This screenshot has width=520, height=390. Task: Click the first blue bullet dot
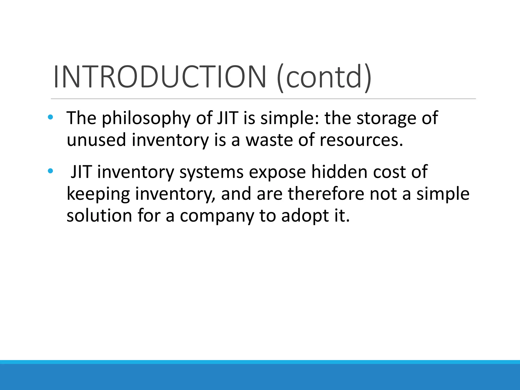click(x=51, y=117)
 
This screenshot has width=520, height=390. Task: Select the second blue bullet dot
click(x=51, y=171)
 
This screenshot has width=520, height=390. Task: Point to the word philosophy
click(x=146, y=118)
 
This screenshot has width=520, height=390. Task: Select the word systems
click(x=211, y=172)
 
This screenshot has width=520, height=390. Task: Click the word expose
click(x=277, y=172)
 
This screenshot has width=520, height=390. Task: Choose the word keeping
click(x=98, y=194)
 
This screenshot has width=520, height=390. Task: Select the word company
click(x=217, y=216)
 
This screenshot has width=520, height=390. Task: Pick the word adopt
click(x=305, y=216)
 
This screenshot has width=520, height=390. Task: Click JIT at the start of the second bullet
click(x=81, y=172)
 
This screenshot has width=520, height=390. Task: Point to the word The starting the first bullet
click(x=82, y=118)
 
